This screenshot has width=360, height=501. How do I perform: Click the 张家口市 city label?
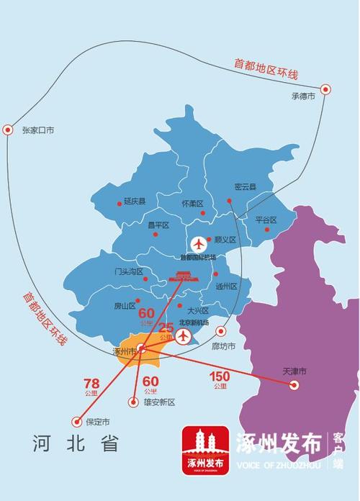[x=38, y=130]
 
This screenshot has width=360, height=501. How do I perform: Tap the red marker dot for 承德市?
[x=325, y=90]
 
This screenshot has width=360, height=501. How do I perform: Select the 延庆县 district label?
[x=135, y=202]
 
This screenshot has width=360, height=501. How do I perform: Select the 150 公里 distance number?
[x=220, y=376]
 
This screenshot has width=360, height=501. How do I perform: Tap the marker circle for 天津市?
[x=294, y=385]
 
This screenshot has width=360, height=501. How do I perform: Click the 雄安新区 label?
[x=159, y=402]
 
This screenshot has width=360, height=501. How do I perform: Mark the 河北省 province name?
[x=76, y=443]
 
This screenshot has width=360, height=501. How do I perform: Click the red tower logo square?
[x=204, y=451]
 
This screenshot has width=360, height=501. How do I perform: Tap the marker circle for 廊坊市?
[x=221, y=331]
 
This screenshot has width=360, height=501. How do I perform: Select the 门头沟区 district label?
[x=129, y=272]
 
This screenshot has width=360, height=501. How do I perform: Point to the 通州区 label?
[x=226, y=286]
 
